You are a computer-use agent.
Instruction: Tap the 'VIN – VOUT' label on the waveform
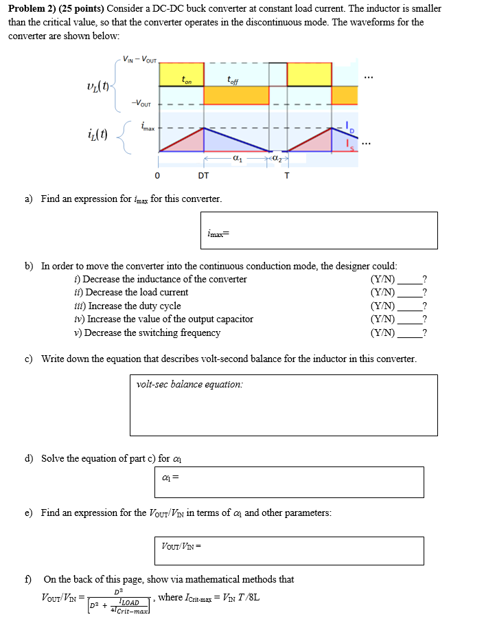[139, 58]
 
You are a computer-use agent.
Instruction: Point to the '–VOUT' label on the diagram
[142, 104]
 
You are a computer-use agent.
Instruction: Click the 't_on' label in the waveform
[187, 80]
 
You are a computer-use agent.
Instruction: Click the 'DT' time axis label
[203, 176]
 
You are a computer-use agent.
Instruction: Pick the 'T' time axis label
[287, 176]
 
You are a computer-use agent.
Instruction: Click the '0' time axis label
[157, 176]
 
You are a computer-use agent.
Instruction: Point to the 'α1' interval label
[238, 159]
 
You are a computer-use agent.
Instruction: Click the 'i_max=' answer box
[321, 230]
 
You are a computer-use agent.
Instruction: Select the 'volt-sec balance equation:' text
[189, 385]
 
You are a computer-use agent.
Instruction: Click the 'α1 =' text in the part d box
[170, 477]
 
